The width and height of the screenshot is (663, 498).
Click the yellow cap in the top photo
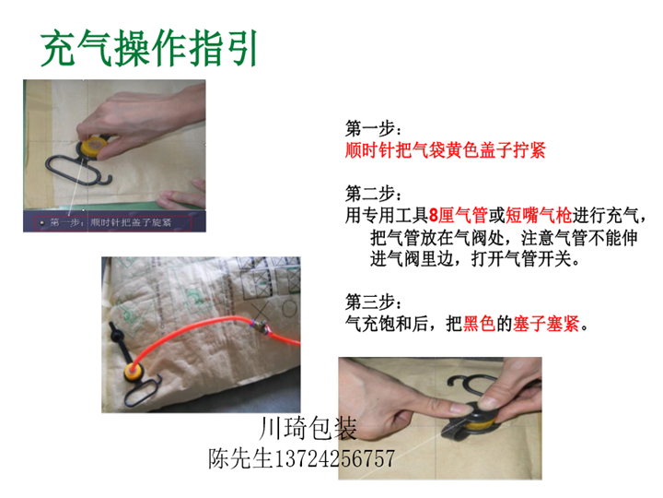[93, 145]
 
